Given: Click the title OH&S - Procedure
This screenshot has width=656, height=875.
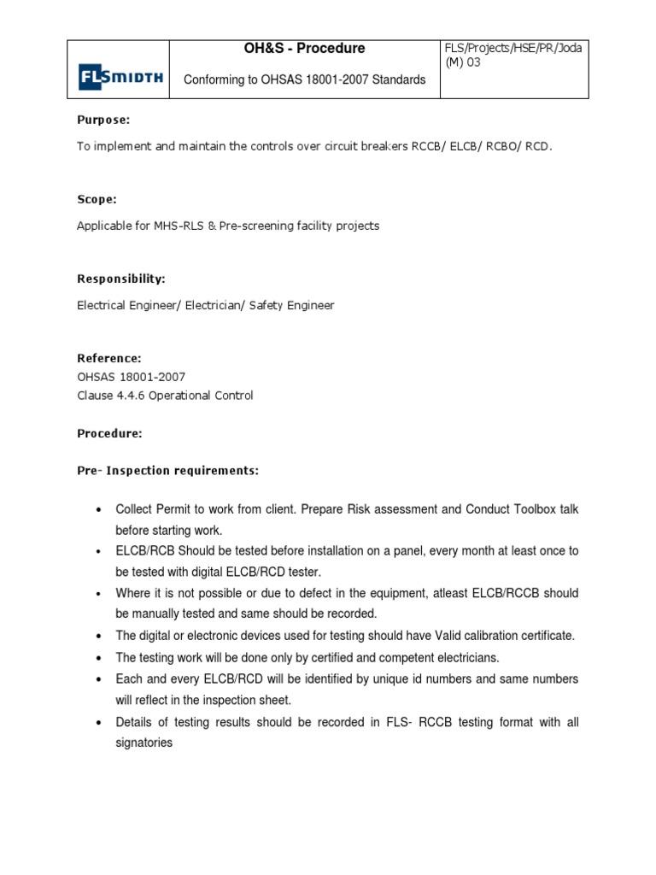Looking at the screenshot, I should (304, 49).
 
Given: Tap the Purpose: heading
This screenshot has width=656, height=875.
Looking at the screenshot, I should (103, 120).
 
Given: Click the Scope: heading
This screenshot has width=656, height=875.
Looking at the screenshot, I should (97, 199).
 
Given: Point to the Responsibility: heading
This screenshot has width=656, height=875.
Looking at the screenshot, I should (121, 279).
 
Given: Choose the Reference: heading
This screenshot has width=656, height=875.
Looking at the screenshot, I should (109, 358).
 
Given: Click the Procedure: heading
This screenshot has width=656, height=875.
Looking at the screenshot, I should (109, 433).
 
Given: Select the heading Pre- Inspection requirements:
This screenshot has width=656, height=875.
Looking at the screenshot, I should (167, 471).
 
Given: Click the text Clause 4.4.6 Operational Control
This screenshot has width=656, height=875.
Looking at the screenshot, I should (165, 396).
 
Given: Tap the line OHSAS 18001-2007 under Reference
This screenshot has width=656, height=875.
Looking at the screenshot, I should (131, 377).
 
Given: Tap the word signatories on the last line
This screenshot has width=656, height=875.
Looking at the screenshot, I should (144, 743).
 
